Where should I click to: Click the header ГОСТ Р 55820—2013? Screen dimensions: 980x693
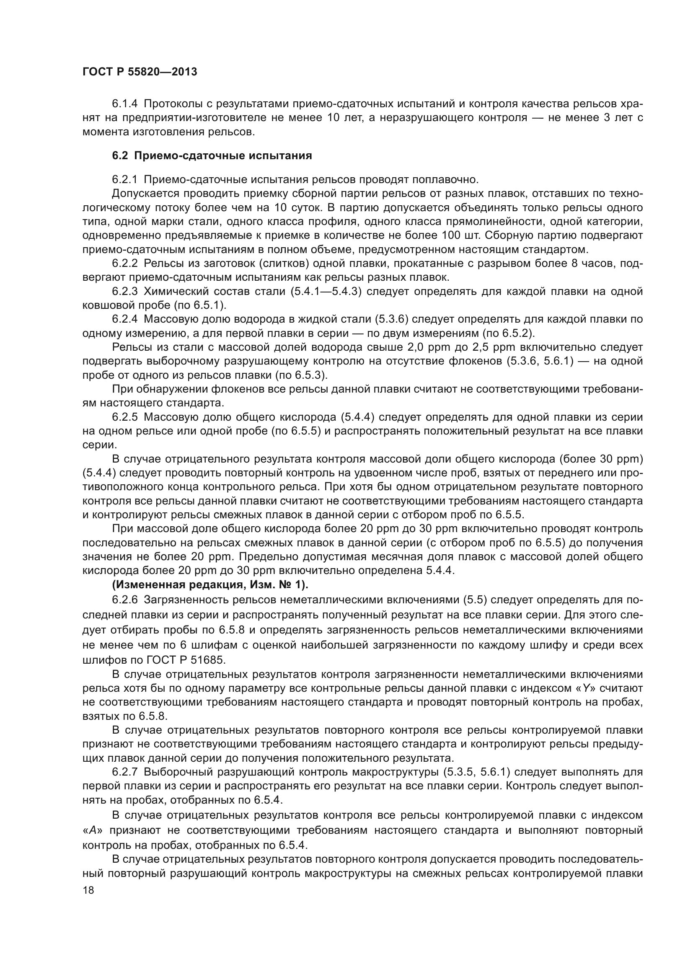pos(140,72)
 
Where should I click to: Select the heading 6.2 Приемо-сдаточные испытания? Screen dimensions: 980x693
pos(212,156)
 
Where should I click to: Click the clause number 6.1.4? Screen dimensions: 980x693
pos(124,104)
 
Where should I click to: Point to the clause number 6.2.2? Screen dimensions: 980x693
pos(124,264)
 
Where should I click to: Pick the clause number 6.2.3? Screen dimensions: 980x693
pos(124,292)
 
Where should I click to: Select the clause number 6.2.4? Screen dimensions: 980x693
pos(124,319)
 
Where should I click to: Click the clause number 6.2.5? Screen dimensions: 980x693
pos(124,417)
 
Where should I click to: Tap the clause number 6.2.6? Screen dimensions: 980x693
pos(124,600)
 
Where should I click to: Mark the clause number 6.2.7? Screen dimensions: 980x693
pos(124,772)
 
